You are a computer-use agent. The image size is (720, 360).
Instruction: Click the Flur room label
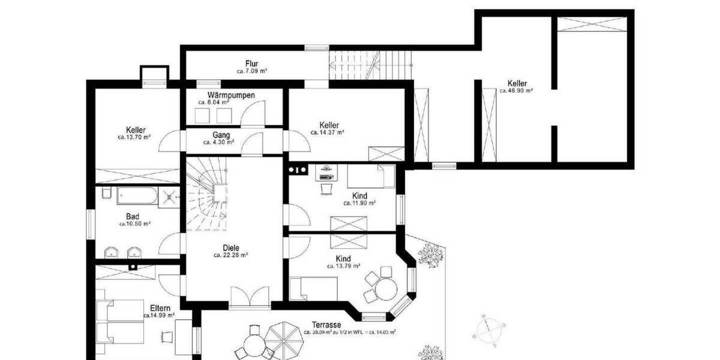pyautogui.click(x=251, y=64)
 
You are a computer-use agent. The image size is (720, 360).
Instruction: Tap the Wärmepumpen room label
pyautogui.click(x=231, y=95)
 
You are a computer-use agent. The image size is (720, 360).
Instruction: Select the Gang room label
pyautogui.click(x=221, y=135)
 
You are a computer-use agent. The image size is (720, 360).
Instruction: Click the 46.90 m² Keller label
pyautogui.click(x=517, y=83)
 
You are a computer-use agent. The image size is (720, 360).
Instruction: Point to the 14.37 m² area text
pyautogui.click(x=327, y=132)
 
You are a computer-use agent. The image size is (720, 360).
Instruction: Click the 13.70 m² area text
pyautogui.click(x=134, y=137)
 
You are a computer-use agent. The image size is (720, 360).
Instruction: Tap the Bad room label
pyautogui.click(x=132, y=217)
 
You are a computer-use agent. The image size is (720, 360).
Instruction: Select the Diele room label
pyautogui.click(x=230, y=247)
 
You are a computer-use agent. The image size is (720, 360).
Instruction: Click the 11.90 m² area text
pyautogui.click(x=359, y=203)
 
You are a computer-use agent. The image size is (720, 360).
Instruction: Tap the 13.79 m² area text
pyautogui.click(x=344, y=266)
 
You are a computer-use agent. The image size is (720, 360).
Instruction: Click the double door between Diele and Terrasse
pyautogui.click(x=250, y=298)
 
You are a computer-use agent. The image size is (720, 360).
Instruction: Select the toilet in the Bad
pyautogui.click(x=106, y=193)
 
